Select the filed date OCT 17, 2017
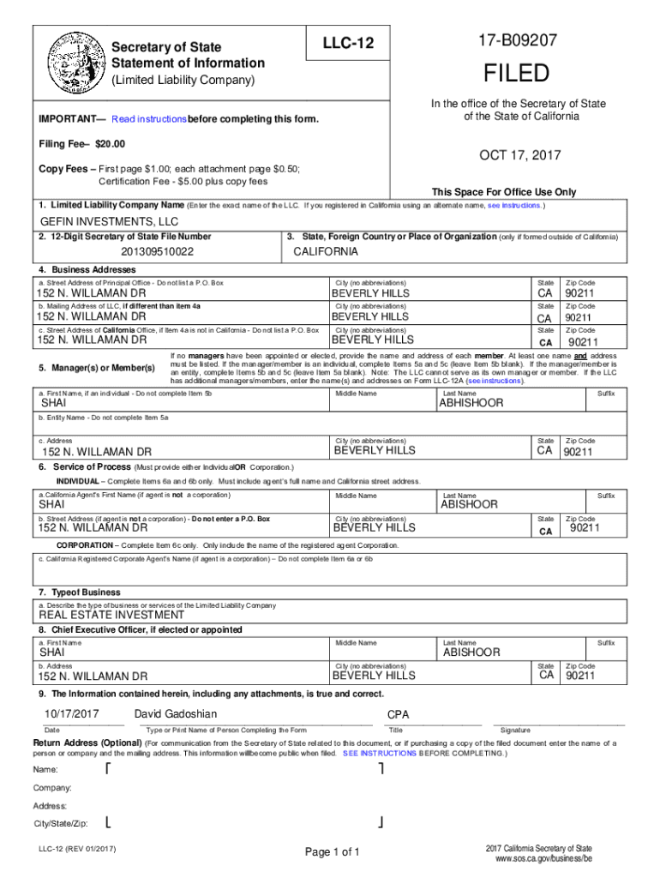(520, 155)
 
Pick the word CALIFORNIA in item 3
(326, 252)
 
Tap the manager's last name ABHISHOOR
(471, 403)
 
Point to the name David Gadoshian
(176, 714)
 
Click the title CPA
(399, 714)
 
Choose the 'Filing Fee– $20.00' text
(82, 143)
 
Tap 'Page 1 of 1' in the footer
(332, 851)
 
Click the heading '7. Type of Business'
(80, 592)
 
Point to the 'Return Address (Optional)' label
(87, 743)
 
